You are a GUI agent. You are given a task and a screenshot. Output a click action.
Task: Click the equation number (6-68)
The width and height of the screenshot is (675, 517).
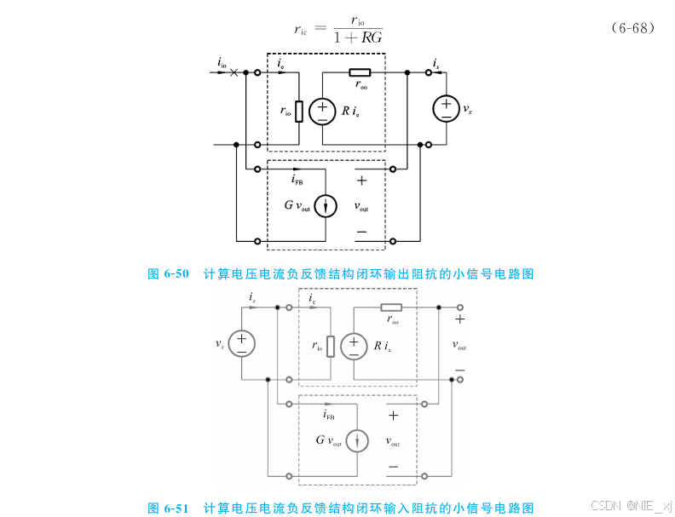point(632,28)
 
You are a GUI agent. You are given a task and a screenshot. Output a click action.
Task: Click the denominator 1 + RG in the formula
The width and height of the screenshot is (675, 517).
point(357,37)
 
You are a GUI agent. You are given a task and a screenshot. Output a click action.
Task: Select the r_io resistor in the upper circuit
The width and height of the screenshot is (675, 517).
point(298,111)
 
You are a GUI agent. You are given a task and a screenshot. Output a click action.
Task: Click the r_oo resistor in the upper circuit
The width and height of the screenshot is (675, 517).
point(360,73)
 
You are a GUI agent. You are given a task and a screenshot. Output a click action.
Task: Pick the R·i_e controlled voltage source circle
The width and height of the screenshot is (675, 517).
point(322,111)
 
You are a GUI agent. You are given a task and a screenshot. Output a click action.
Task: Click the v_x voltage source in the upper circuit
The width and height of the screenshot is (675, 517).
point(446,109)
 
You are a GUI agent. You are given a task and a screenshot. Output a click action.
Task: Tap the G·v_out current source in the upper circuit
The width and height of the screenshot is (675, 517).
point(325,206)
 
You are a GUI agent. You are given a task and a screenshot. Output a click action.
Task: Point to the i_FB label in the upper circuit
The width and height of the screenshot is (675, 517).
point(297,180)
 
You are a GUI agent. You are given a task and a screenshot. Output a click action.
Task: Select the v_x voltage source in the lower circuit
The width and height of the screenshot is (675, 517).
point(241,343)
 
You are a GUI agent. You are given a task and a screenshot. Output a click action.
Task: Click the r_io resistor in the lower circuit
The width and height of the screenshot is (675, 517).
point(330,346)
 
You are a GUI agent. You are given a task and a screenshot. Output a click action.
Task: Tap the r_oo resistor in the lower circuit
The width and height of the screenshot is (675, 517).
point(391,307)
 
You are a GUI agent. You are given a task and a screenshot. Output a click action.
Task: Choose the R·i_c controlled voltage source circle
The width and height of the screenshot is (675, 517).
point(353,346)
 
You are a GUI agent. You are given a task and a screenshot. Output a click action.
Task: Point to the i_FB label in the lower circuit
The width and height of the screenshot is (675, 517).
point(328,415)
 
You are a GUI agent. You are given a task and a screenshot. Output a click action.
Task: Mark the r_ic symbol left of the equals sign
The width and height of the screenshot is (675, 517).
point(301,29)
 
